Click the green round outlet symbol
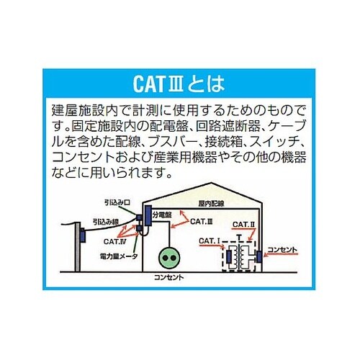pos(171,257)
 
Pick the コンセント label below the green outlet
pos(171,277)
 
